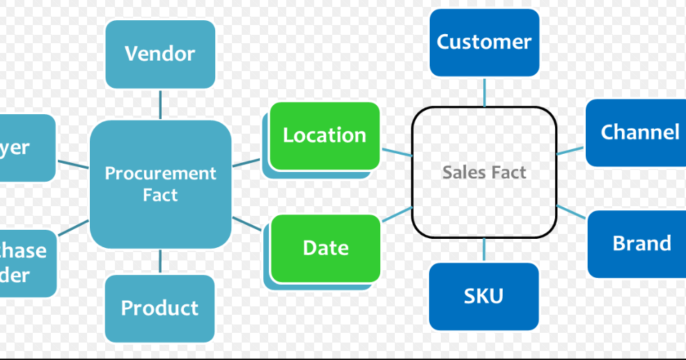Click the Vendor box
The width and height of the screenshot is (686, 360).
[x=160, y=54]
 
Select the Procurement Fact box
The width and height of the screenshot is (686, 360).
[x=160, y=185]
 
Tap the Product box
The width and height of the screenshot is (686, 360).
[x=159, y=308]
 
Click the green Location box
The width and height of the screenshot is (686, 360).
[x=325, y=136]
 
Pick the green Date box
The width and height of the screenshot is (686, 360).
[x=325, y=249]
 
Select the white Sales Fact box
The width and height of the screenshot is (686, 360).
[x=484, y=172]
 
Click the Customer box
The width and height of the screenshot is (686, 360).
[x=484, y=42]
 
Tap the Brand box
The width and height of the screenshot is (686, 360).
[x=639, y=244]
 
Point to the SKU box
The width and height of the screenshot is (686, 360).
[x=483, y=296]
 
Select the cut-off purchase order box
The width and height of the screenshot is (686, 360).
[x=26, y=263]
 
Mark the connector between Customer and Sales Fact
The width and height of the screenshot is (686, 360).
[x=484, y=91]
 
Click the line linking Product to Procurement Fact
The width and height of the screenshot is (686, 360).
[x=160, y=262]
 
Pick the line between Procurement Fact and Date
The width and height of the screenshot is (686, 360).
[x=247, y=224]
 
